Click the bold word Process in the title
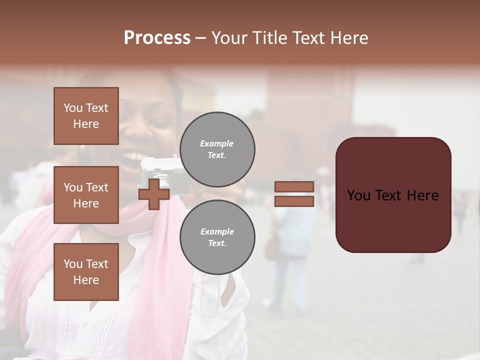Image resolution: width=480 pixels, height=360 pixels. point(157,38)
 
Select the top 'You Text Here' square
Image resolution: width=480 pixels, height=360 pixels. point(86,116)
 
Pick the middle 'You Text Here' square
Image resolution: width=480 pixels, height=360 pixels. point(86,195)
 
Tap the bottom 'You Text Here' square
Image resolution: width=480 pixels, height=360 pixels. point(86,272)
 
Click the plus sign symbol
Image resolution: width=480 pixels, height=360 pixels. point(154,194)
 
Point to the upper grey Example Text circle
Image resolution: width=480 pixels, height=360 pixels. point(217,149)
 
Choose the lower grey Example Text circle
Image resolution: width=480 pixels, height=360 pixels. point(217,237)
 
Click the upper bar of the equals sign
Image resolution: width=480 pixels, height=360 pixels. point(294,187)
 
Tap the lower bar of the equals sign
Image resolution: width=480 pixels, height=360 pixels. point(294,201)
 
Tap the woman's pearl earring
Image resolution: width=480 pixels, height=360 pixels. point(83,147)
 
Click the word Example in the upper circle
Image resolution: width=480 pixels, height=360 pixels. point(216,144)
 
